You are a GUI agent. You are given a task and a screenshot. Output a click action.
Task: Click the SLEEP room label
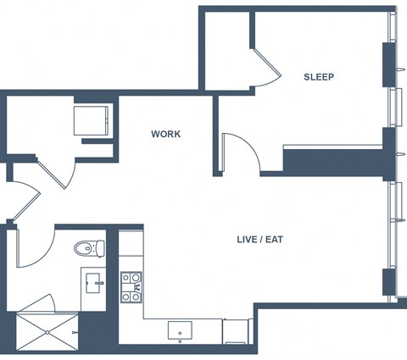tap(319, 77)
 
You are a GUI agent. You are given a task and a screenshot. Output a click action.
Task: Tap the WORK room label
tap(165, 134)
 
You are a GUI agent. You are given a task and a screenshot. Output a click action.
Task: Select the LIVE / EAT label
tap(259, 240)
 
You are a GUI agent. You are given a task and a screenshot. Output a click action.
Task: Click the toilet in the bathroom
tap(89, 248)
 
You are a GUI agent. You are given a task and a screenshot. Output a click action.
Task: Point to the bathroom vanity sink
tap(93, 283)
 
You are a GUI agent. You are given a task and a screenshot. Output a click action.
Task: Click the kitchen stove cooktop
tap(131, 287)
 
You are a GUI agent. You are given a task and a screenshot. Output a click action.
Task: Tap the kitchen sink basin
tap(180, 330)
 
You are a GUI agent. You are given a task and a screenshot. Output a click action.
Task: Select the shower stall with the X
tap(47, 332)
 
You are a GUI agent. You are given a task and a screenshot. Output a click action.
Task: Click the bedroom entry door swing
tap(241, 152)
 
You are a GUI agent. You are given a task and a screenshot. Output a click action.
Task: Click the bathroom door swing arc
tap(36, 248)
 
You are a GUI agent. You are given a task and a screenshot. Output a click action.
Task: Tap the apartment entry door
tap(26, 201)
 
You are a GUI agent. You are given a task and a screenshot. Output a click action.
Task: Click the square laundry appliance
tap(91, 121)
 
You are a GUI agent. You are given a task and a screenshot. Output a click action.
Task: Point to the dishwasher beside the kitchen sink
tap(235, 331)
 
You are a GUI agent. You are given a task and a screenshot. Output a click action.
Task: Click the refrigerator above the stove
tap(131, 243)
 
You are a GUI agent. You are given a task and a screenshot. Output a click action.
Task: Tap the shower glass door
tap(36, 303)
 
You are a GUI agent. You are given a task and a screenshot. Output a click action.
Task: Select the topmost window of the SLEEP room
tap(393, 27)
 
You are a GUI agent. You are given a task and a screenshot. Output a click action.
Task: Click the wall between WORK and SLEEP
tap(215, 136)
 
